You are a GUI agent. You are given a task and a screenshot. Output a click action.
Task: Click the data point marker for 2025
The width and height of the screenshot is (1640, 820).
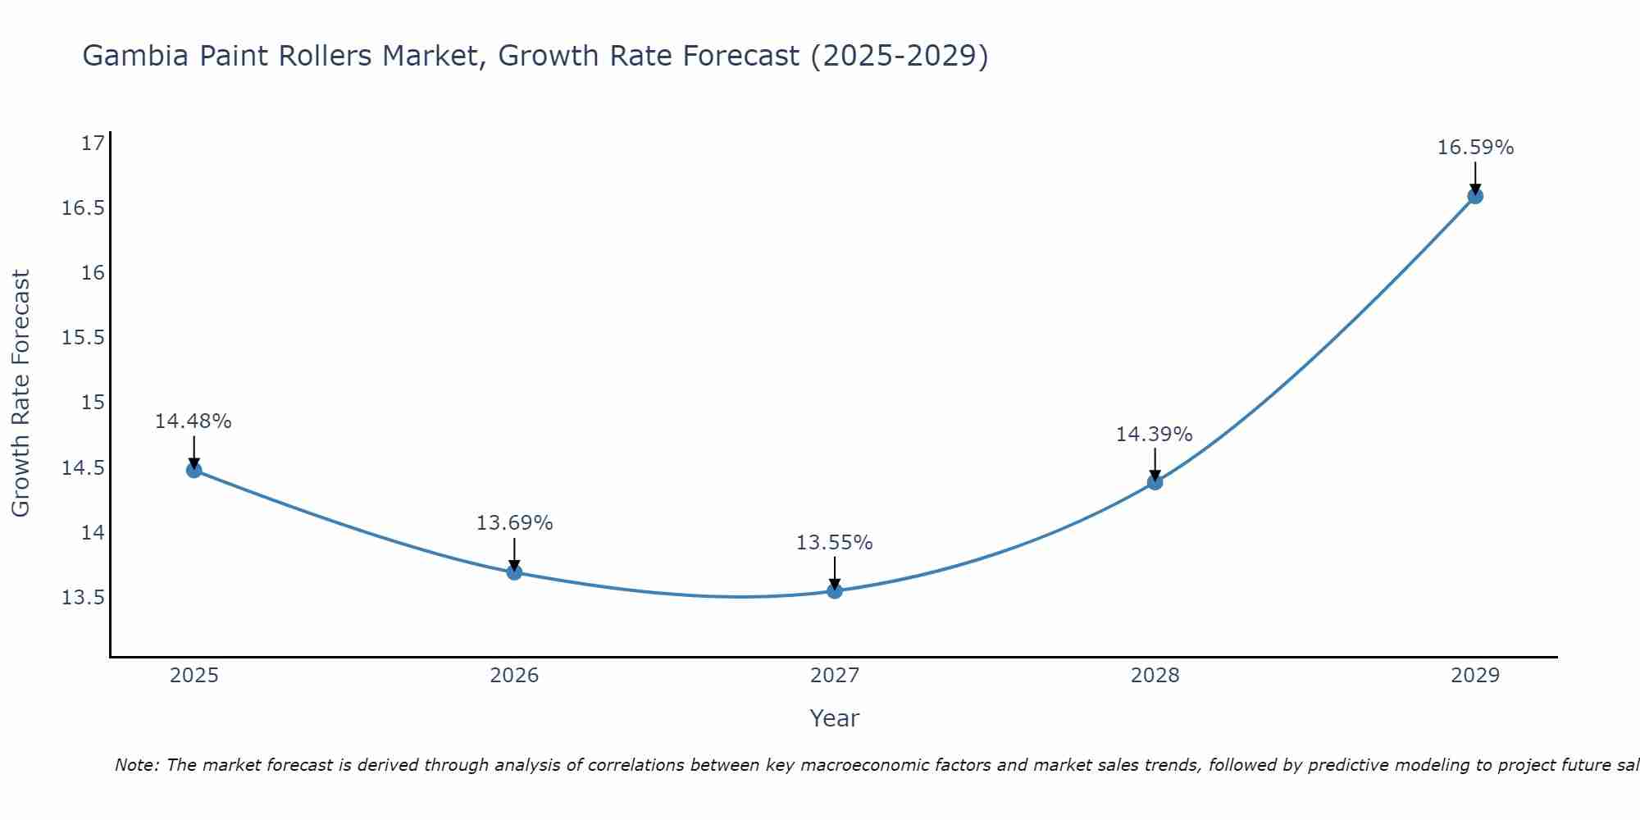point(194,470)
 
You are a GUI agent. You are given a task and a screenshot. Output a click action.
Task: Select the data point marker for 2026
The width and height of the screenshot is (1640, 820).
point(514,572)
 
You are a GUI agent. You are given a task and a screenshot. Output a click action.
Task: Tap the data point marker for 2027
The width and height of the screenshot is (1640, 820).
point(835,590)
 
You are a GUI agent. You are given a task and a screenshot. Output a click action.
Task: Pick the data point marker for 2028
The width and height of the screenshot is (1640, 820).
point(1155,482)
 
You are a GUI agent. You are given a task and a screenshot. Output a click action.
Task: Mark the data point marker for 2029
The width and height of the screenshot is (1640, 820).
point(1475,196)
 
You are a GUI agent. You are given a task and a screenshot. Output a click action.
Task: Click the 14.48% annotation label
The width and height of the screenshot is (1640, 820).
point(194,421)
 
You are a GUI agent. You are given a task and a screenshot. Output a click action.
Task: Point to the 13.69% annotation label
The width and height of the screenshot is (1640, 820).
point(514,523)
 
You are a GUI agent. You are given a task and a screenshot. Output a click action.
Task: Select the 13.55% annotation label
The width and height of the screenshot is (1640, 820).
point(835,543)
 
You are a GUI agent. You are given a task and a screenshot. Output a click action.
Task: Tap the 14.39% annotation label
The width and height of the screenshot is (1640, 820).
point(1154,435)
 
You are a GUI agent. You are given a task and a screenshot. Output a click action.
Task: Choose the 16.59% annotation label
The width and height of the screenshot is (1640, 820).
point(1475,148)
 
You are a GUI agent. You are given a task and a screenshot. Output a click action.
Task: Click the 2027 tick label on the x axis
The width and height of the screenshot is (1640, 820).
point(835,676)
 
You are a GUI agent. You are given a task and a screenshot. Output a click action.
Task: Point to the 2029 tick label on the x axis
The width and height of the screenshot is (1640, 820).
point(1475,676)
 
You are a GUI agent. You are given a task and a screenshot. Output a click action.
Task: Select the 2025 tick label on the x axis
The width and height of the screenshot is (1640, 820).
point(194,676)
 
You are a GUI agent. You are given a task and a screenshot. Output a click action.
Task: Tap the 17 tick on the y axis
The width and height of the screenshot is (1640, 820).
point(93,143)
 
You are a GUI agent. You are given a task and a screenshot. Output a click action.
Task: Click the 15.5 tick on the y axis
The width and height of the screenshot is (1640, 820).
point(84,338)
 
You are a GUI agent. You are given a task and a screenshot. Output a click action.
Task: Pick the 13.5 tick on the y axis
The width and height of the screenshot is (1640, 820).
point(84,598)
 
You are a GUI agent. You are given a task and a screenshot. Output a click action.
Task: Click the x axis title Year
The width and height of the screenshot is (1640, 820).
point(835,718)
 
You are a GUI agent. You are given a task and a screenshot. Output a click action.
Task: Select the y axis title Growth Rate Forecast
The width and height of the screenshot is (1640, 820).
point(20,394)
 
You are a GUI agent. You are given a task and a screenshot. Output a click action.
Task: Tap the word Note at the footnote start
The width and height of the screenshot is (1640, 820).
point(135,765)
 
